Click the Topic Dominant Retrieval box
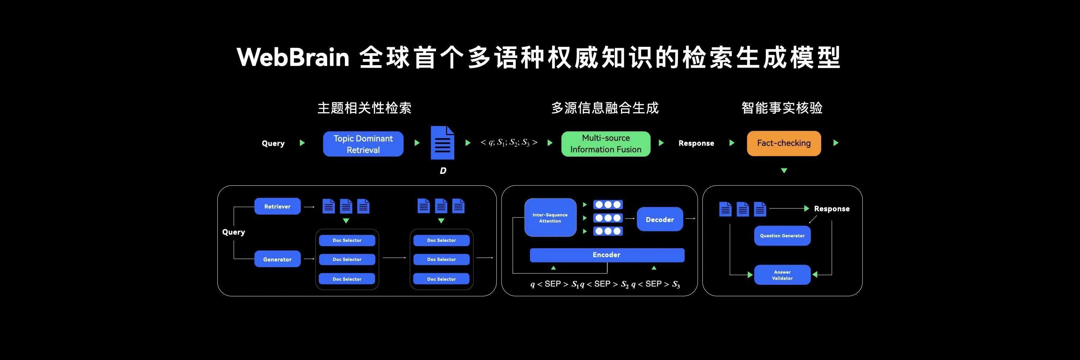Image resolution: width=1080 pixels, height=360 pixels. [x=363, y=144]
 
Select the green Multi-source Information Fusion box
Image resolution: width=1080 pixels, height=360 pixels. [x=606, y=144]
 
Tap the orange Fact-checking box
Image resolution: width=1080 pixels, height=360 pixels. [x=784, y=143]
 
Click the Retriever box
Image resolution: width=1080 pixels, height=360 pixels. [x=277, y=206]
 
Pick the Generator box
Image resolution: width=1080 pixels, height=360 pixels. [x=277, y=259]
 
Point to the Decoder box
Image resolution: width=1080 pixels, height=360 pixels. [x=660, y=219]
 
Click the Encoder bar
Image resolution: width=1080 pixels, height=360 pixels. [x=607, y=255]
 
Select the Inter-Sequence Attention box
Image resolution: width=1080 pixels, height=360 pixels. [x=550, y=217]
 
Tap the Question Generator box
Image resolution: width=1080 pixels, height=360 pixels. [x=782, y=235]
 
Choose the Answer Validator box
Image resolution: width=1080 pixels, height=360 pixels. [x=782, y=275]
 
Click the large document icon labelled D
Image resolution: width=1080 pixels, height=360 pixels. [x=442, y=143]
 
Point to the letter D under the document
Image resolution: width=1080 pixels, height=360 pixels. [x=443, y=171]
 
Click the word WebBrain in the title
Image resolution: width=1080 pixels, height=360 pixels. [x=293, y=57]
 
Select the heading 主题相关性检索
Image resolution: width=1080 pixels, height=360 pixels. [x=364, y=108]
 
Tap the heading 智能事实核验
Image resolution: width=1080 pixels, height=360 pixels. [x=782, y=108]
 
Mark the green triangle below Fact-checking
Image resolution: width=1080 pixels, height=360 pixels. [x=784, y=171]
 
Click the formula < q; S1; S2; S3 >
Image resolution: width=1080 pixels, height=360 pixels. [x=509, y=143]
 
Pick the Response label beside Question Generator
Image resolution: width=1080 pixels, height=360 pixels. [x=831, y=209]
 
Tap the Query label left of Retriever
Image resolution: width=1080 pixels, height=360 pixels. [x=234, y=232]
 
